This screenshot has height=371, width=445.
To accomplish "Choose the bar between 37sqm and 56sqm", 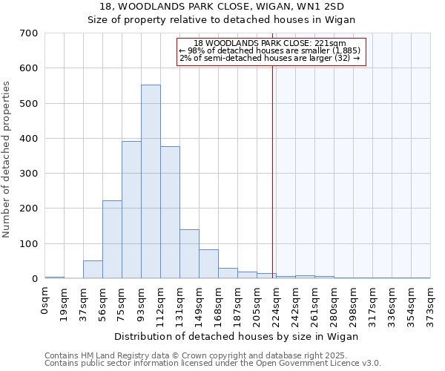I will (93, 269).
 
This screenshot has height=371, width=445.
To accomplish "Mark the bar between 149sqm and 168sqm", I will (208, 264).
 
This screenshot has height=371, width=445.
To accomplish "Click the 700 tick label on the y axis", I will (29, 33).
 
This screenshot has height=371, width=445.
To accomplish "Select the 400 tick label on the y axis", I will (29, 139).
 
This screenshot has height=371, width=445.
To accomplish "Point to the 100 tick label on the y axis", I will (29, 244).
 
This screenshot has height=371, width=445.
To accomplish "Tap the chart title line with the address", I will (222, 7).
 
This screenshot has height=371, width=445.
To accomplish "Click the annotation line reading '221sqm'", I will (271, 44).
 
